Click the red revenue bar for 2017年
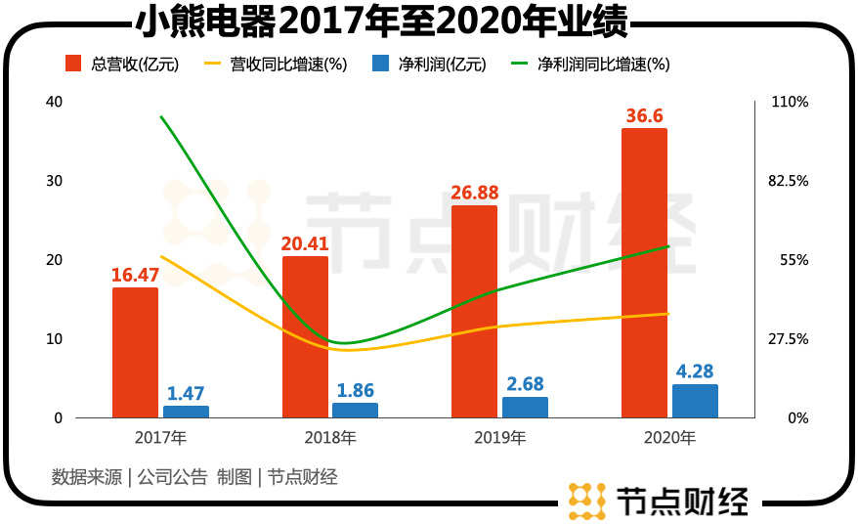click(135, 353)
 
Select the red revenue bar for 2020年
click(644, 273)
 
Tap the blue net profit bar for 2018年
click(355, 411)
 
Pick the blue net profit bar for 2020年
click(695, 401)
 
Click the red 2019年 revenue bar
click(474, 312)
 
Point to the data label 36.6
click(645, 115)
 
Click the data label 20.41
click(305, 243)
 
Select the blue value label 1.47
click(186, 393)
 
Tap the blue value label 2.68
click(525, 384)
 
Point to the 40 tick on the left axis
click(54, 102)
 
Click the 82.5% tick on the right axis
click(789, 181)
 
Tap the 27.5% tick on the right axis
click(789, 339)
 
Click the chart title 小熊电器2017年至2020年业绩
click(381, 22)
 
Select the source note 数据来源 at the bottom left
click(86, 477)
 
